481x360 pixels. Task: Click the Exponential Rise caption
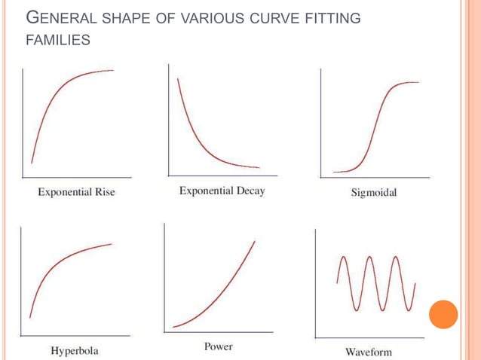click(x=76, y=192)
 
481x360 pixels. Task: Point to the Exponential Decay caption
click(x=222, y=191)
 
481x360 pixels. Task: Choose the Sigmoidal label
click(x=374, y=193)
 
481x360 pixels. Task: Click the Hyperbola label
click(x=75, y=351)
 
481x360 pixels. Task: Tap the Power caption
click(x=218, y=346)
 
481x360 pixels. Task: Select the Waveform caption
click(x=368, y=351)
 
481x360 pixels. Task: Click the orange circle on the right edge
click(x=443, y=314)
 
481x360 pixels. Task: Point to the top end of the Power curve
click(x=254, y=241)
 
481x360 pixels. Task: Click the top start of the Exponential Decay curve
click(x=178, y=78)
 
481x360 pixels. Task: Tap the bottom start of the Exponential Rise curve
click(x=32, y=162)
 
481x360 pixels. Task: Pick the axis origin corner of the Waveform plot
click(x=315, y=337)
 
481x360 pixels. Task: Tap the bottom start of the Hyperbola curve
click(x=29, y=317)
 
